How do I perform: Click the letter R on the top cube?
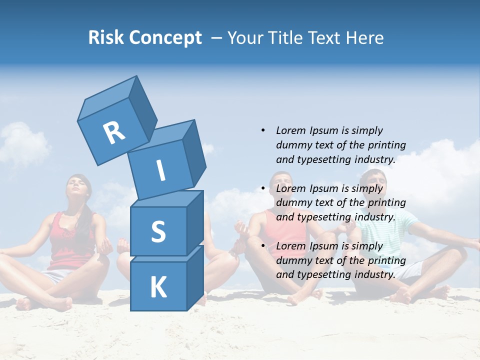[114, 132]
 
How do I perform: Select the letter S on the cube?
[158, 231]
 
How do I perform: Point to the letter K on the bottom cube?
[158, 287]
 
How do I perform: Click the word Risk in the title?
[105, 38]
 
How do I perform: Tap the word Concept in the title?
[164, 38]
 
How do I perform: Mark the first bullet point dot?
[263, 130]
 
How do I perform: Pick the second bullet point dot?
[263, 188]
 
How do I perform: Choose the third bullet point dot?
[263, 246]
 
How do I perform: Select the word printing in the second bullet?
[386, 203]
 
